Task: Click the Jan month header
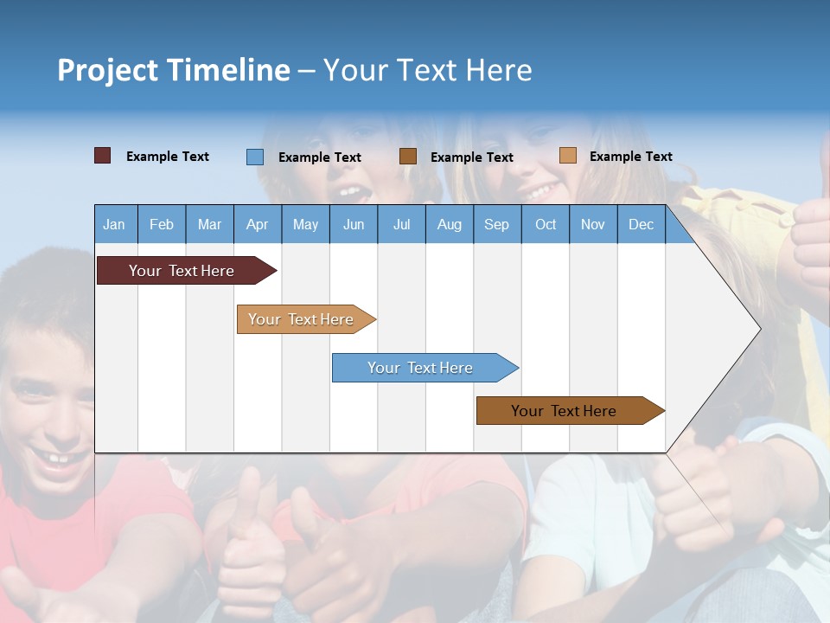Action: (x=114, y=224)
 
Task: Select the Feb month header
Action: (x=162, y=224)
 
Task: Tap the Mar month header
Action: (x=209, y=224)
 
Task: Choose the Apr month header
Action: (x=258, y=224)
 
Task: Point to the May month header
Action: (x=305, y=224)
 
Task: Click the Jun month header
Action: (x=354, y=224)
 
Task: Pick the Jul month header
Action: (x=401, y=224)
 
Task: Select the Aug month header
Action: (x=450, y=224)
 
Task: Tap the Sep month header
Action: (x=497, y=224)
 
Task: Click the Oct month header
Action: (x=546, y=224)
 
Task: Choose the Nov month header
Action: (x=593, y=224)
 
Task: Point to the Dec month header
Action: (x=642, y=224)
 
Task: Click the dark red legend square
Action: (x=102, y=156)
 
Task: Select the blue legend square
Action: (x=255, y=157)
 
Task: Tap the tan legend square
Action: (x=567, y=156)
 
